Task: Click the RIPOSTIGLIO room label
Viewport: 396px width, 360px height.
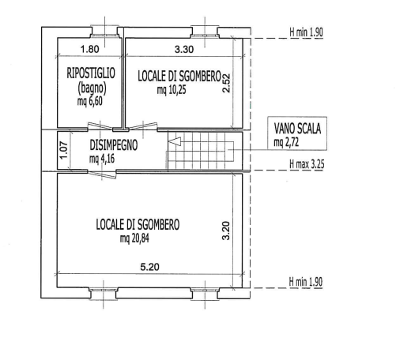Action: (91, 73)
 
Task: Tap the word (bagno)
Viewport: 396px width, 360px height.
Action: (92, 88)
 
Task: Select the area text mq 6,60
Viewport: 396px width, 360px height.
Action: (90, 101)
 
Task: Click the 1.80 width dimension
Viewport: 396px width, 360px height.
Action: (90, 49)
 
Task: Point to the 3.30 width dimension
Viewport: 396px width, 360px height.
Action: (184, 49)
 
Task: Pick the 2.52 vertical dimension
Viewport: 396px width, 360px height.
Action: (226, 83)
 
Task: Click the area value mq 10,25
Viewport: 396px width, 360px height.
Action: (172, 90)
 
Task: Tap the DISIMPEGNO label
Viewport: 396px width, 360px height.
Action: (114, 145)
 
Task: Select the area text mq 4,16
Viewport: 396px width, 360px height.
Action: (102, 159)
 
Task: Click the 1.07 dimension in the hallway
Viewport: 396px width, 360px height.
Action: (64, 151)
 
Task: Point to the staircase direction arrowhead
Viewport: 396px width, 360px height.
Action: (174, 141)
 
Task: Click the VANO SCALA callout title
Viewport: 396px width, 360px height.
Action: (297, 129)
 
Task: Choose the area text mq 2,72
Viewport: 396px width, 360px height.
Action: (286, 142)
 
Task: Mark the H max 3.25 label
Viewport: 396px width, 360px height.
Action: (307, 164)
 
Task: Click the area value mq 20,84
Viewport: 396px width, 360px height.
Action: (134, 238)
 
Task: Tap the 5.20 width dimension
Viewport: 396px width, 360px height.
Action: (149, 267)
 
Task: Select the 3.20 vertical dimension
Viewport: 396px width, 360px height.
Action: (226, 231)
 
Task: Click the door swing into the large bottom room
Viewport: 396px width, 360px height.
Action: (102, 174)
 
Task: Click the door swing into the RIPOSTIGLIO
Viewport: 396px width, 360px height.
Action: (100, 126)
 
